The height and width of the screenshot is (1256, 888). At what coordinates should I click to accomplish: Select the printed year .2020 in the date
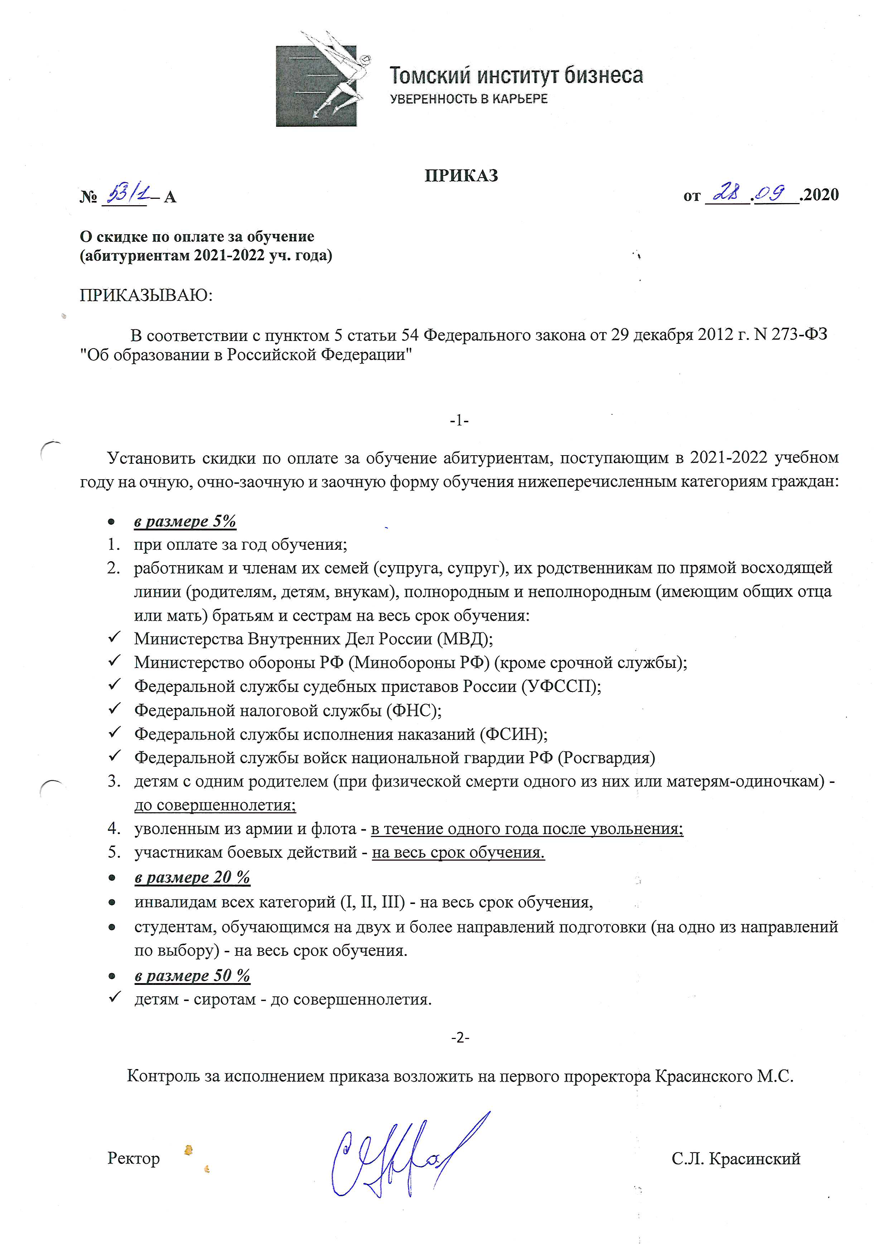tap(820, 195)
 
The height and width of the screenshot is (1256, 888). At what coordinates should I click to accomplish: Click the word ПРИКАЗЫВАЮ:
tap(146, 295)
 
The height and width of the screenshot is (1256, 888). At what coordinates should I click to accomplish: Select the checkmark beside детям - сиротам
tap(114, 998)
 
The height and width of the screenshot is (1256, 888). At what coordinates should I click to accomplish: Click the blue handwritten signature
tap(405, 1154)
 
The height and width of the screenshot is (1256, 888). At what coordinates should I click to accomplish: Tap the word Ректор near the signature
tap(134, 1158)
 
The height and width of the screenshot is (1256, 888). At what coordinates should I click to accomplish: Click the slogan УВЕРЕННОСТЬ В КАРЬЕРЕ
tap(469, 99)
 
